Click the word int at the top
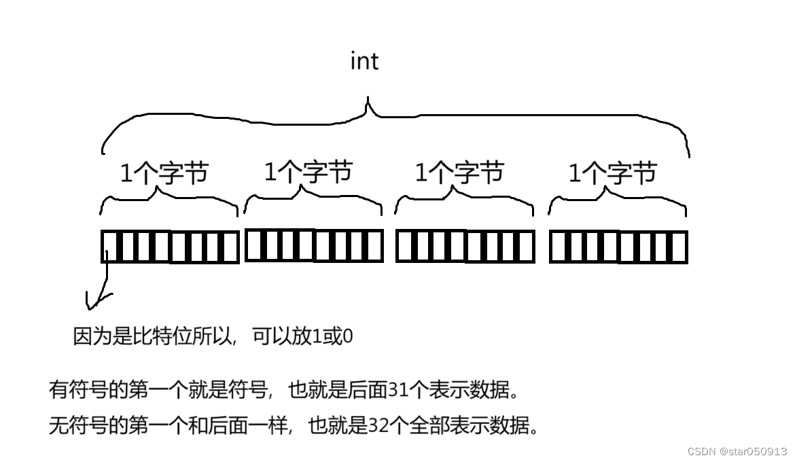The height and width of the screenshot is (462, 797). click(364, 61)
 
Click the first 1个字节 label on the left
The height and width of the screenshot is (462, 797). click(164, 174)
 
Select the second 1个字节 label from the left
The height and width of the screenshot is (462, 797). click(308, 172)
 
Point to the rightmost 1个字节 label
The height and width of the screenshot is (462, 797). click(612, 173)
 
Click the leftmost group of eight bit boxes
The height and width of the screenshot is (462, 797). click(170, 247)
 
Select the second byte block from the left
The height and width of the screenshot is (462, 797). click(314, 245)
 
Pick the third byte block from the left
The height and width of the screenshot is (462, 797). click(465, 247)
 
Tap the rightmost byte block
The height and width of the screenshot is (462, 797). click(618, 247)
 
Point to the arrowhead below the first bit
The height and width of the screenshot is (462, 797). click(96, 301)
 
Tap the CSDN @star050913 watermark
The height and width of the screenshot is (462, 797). click(737, 451)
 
